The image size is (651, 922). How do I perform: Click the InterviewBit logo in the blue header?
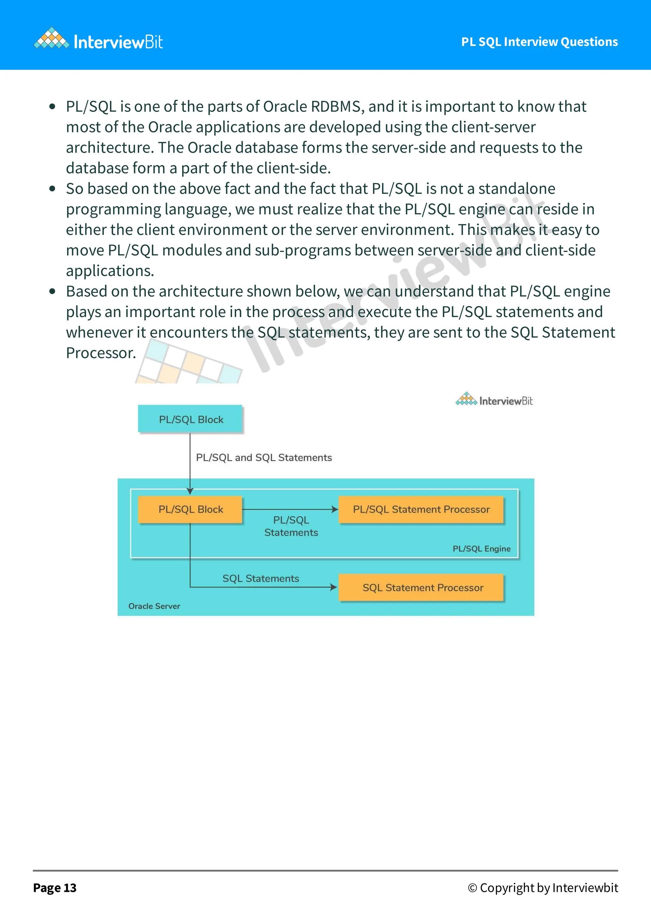click(x=99, y=41)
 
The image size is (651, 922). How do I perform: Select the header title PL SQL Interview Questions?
click(x=539, y=42)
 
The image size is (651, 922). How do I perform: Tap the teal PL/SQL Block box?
click(x=190, y=419)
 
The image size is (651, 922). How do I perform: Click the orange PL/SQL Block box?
click(x=190, y=509)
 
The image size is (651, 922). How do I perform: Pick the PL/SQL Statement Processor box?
click(x=421, y=509)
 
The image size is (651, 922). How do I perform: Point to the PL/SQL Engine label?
click(x=482, y=548)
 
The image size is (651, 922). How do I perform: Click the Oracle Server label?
click(x=154, y=606)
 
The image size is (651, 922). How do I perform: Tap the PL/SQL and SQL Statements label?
click(x=264, y=457)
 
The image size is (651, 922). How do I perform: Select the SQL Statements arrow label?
click(x=261, y=578)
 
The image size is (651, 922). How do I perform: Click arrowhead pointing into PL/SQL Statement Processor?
click(x=335, y=509)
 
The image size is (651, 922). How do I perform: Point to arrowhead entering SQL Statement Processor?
click(x=333, y=587)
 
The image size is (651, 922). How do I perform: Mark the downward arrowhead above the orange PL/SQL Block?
click(x=190, y=491)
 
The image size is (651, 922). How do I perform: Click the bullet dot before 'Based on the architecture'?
click(x=52, y=291)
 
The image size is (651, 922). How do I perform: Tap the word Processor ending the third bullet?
click(x=100, y=353)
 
